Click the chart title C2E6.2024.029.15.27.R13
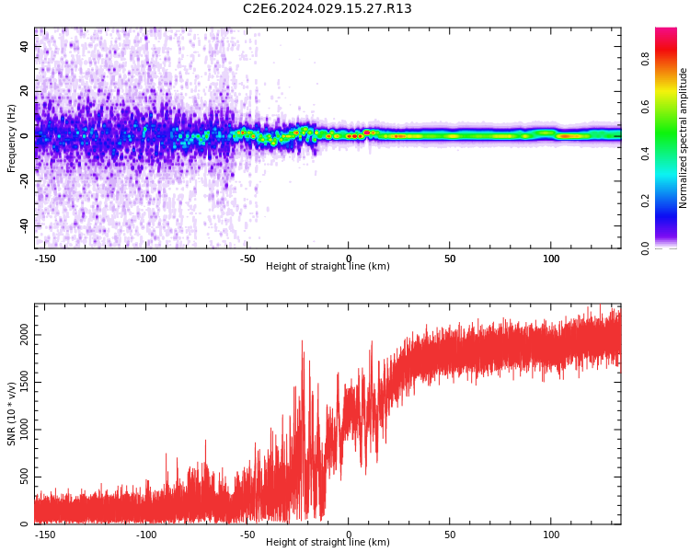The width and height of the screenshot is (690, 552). [327, 9]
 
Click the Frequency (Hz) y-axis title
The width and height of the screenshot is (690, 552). [12, 138]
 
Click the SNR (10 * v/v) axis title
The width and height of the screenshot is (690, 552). [12, 414]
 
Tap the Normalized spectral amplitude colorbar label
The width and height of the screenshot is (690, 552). [684, 138]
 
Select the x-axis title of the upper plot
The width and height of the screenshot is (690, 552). [328, 267]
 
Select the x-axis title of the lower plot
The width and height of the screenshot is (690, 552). [328, 543]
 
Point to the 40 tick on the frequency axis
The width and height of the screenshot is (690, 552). [25, 46]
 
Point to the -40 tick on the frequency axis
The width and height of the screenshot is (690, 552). [25, 225]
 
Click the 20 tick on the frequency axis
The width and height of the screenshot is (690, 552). [25, 91]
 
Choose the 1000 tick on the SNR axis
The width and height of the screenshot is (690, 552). [25, 430]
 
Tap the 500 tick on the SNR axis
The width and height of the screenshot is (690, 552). [25, 477]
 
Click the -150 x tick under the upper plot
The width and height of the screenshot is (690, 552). [45, 259]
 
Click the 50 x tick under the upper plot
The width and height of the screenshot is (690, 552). [450, 259]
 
